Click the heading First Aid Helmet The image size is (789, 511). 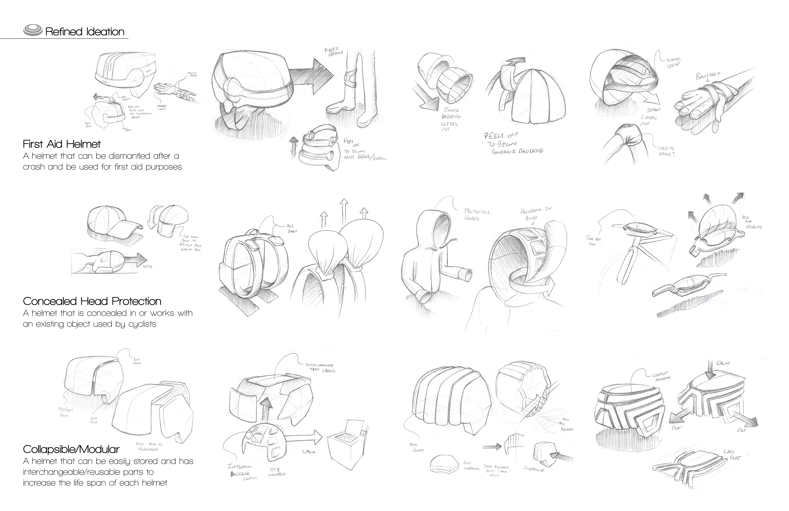click(62, 144)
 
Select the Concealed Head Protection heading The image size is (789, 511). click(92, 301)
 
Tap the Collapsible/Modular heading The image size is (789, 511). click(71, 449)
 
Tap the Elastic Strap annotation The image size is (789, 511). click(674, 62)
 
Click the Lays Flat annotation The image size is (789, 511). click(732, 455)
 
